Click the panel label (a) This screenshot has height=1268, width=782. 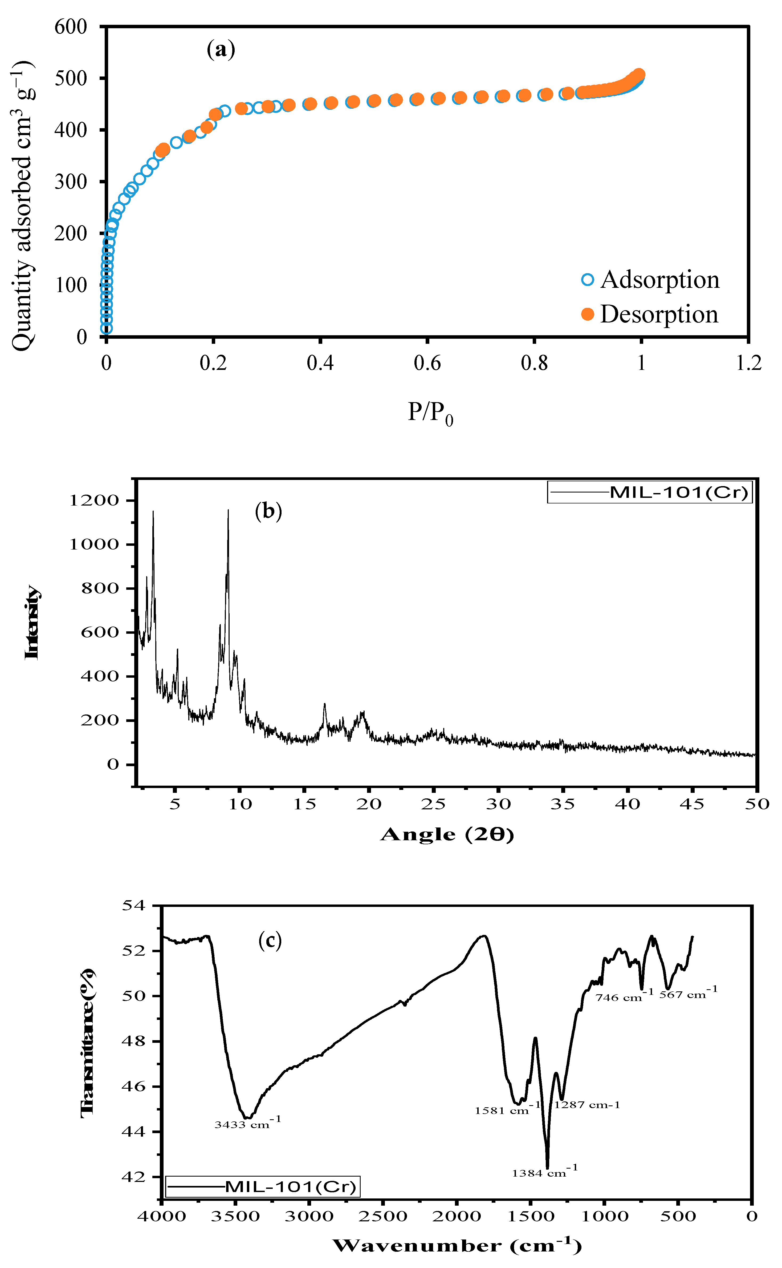click(221, 50)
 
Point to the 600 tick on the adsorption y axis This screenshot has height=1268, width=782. click(71, 27)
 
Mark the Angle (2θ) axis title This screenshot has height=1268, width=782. click(447, 834)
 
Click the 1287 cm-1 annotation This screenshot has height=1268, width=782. click(587, 1105)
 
